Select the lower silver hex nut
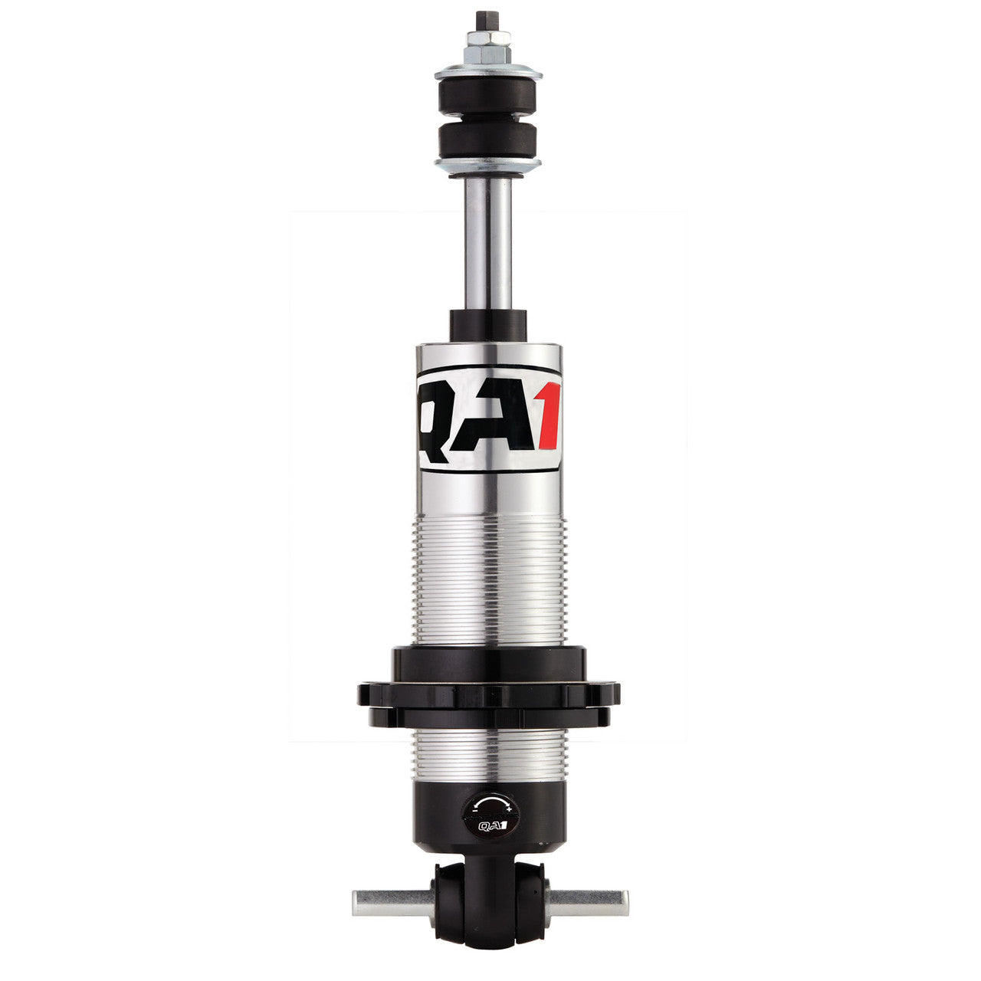[488, 54]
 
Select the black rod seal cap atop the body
[488, 325]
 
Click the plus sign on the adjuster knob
[509, 809]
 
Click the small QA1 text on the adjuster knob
[490, 825]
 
